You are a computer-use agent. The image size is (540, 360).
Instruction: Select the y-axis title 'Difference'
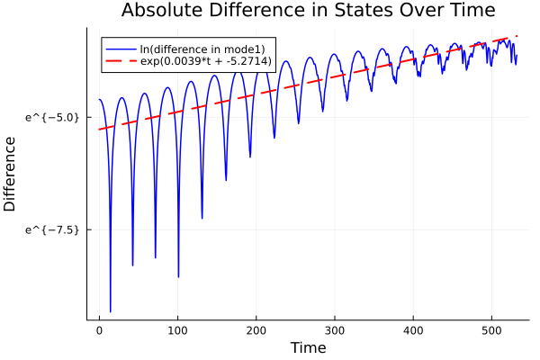click(x=11, y=174)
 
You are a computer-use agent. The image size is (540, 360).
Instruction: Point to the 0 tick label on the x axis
click(x=99, y=330)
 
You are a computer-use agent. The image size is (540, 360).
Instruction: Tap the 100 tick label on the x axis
click(x=177, y=330)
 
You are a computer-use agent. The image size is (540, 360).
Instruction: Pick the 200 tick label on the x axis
click(x=256, y=330)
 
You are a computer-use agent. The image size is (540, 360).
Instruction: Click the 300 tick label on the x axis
click(x=334, y=330)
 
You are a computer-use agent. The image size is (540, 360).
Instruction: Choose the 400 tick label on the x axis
click(x=412, y=330)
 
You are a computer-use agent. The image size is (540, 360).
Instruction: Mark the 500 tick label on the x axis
click(x=490, y=330)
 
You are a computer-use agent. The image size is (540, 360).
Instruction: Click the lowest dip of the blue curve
click(x=111, y=311)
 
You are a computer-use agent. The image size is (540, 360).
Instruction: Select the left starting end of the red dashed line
click(x=99, y=130)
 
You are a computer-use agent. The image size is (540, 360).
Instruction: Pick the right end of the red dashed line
click(x=517, y=36)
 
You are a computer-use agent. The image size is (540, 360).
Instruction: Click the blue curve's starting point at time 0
click(x=99, y=99)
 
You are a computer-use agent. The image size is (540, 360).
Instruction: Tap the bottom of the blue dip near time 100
click(x=178, y=277)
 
